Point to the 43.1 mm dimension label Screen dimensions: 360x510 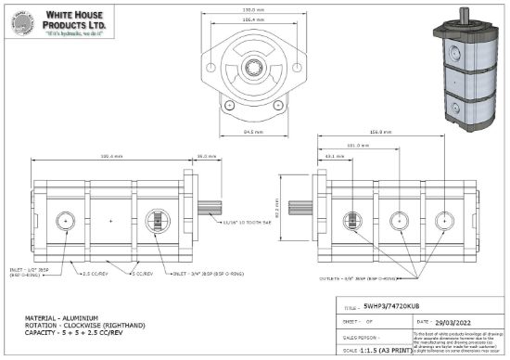coord(335,156)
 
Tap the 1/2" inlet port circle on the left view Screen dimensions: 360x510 coord(65,220)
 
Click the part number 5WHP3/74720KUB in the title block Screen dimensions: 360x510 coord(400,305)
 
